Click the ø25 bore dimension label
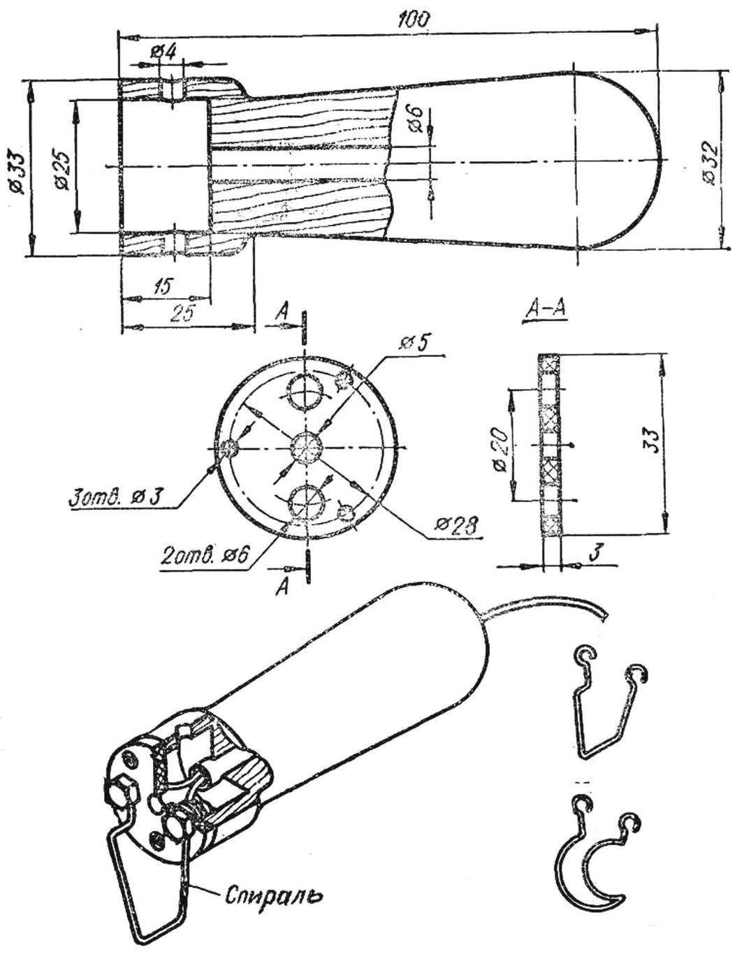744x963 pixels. coord(62,170)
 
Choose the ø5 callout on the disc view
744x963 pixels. coord(416,344)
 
